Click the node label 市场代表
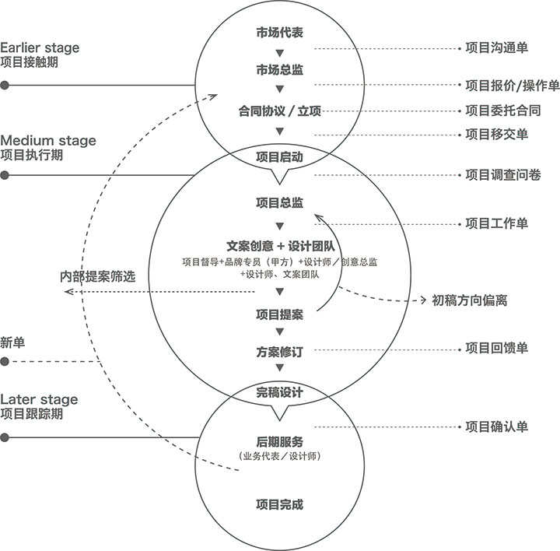click(x=280, y=33)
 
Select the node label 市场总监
click(x=280, y=70)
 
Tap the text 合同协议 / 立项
click(x=280, y=111)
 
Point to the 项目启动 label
click(x=280, y=157)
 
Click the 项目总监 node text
click(x=280, y=202)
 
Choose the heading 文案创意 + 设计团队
click(x=281, y=246)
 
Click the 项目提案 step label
click(x=280, y=314)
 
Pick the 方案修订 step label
click(x=280, y=352)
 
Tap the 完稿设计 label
click(x=280, y=392)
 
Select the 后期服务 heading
click(x=280, y=442)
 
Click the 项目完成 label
click(x=280, y=504)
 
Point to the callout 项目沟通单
click(x=497, y=48)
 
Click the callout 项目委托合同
click(x=503, y=111)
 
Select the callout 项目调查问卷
click(x=503, y=175)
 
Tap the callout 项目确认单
click(x=497, y=426)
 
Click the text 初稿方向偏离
click(x=470, y=300)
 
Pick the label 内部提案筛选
click(x=98, y=276)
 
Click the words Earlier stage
click(x=40, y=48)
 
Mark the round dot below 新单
click(x=5, y=362)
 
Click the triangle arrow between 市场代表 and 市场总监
click(x=280, y=53)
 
